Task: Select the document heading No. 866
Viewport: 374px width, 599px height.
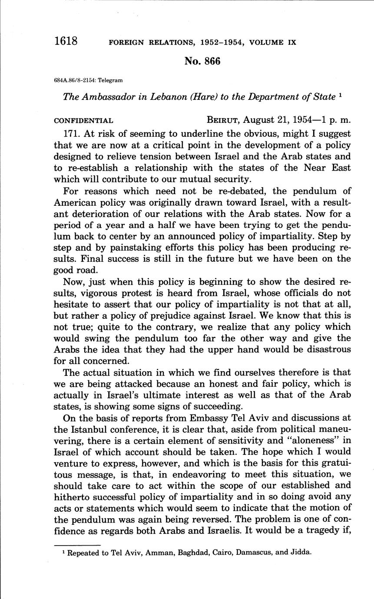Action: click(202, 61)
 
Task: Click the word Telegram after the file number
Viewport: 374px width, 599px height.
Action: click(111, 80)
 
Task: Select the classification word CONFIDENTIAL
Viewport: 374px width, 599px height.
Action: click(83, 121)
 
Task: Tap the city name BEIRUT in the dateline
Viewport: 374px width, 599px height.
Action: click(223, 120)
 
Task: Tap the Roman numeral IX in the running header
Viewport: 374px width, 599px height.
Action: click(291, 43)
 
